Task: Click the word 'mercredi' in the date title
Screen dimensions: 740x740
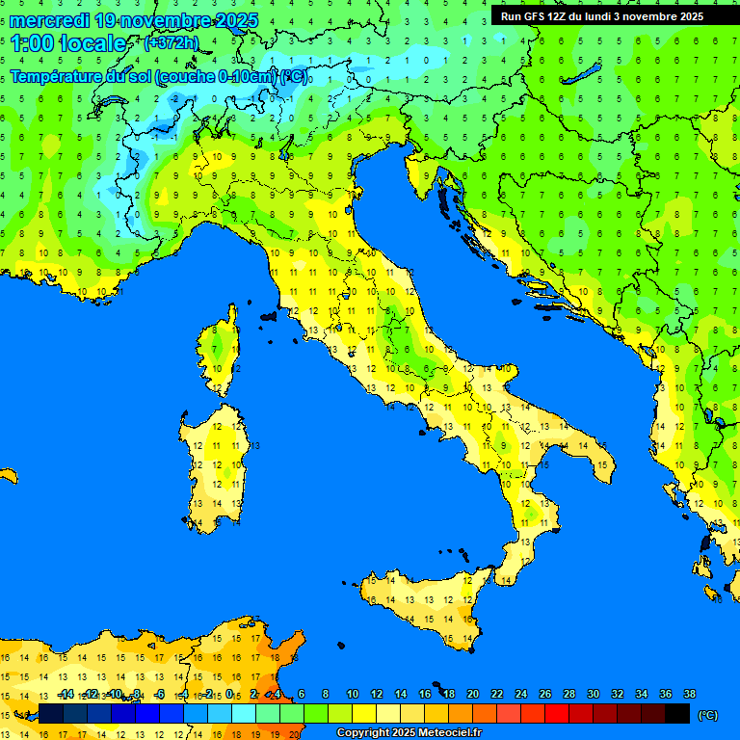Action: tap(49, 20)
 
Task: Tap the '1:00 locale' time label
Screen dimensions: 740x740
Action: tap(67, 43)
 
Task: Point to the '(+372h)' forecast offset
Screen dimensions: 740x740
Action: tap(171, 43)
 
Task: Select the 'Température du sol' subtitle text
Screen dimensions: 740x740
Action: tap(81, 76)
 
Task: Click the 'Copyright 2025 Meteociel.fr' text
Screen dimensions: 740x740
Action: tap(409, 733)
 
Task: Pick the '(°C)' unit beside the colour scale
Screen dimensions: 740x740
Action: tap(707, 715)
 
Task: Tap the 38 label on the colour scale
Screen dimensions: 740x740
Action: tap(690, 695)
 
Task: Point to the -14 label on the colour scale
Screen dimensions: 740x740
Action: tap(66, 695)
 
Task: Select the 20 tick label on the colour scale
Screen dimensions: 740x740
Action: tap(473, 695)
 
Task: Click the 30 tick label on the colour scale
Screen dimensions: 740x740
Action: tap(594, 695)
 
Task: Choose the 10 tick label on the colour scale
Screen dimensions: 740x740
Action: tap(353, 695)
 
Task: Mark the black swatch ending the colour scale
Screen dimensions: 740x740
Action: tap(677, 713)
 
